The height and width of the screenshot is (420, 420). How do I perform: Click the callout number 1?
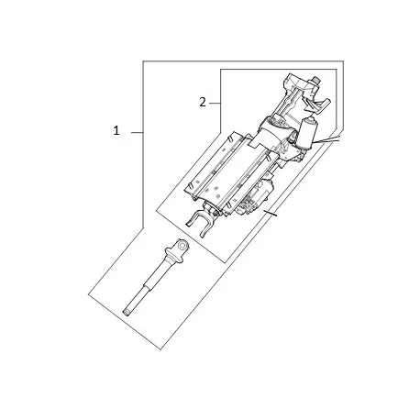[x=116, y=132]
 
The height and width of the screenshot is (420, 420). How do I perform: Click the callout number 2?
[x=202, y=103]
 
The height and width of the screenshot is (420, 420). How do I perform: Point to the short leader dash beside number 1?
[x=134, y=132]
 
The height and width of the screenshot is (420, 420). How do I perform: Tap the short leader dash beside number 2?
[x=216, y=103]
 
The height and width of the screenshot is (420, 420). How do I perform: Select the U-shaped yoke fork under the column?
[x=198, y=223]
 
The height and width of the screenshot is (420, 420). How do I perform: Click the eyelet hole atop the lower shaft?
[x=180, y=245]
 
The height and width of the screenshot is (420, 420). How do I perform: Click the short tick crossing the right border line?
[x=268, y=216]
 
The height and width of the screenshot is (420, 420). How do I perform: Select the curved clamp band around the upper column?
[x=275, y=128]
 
